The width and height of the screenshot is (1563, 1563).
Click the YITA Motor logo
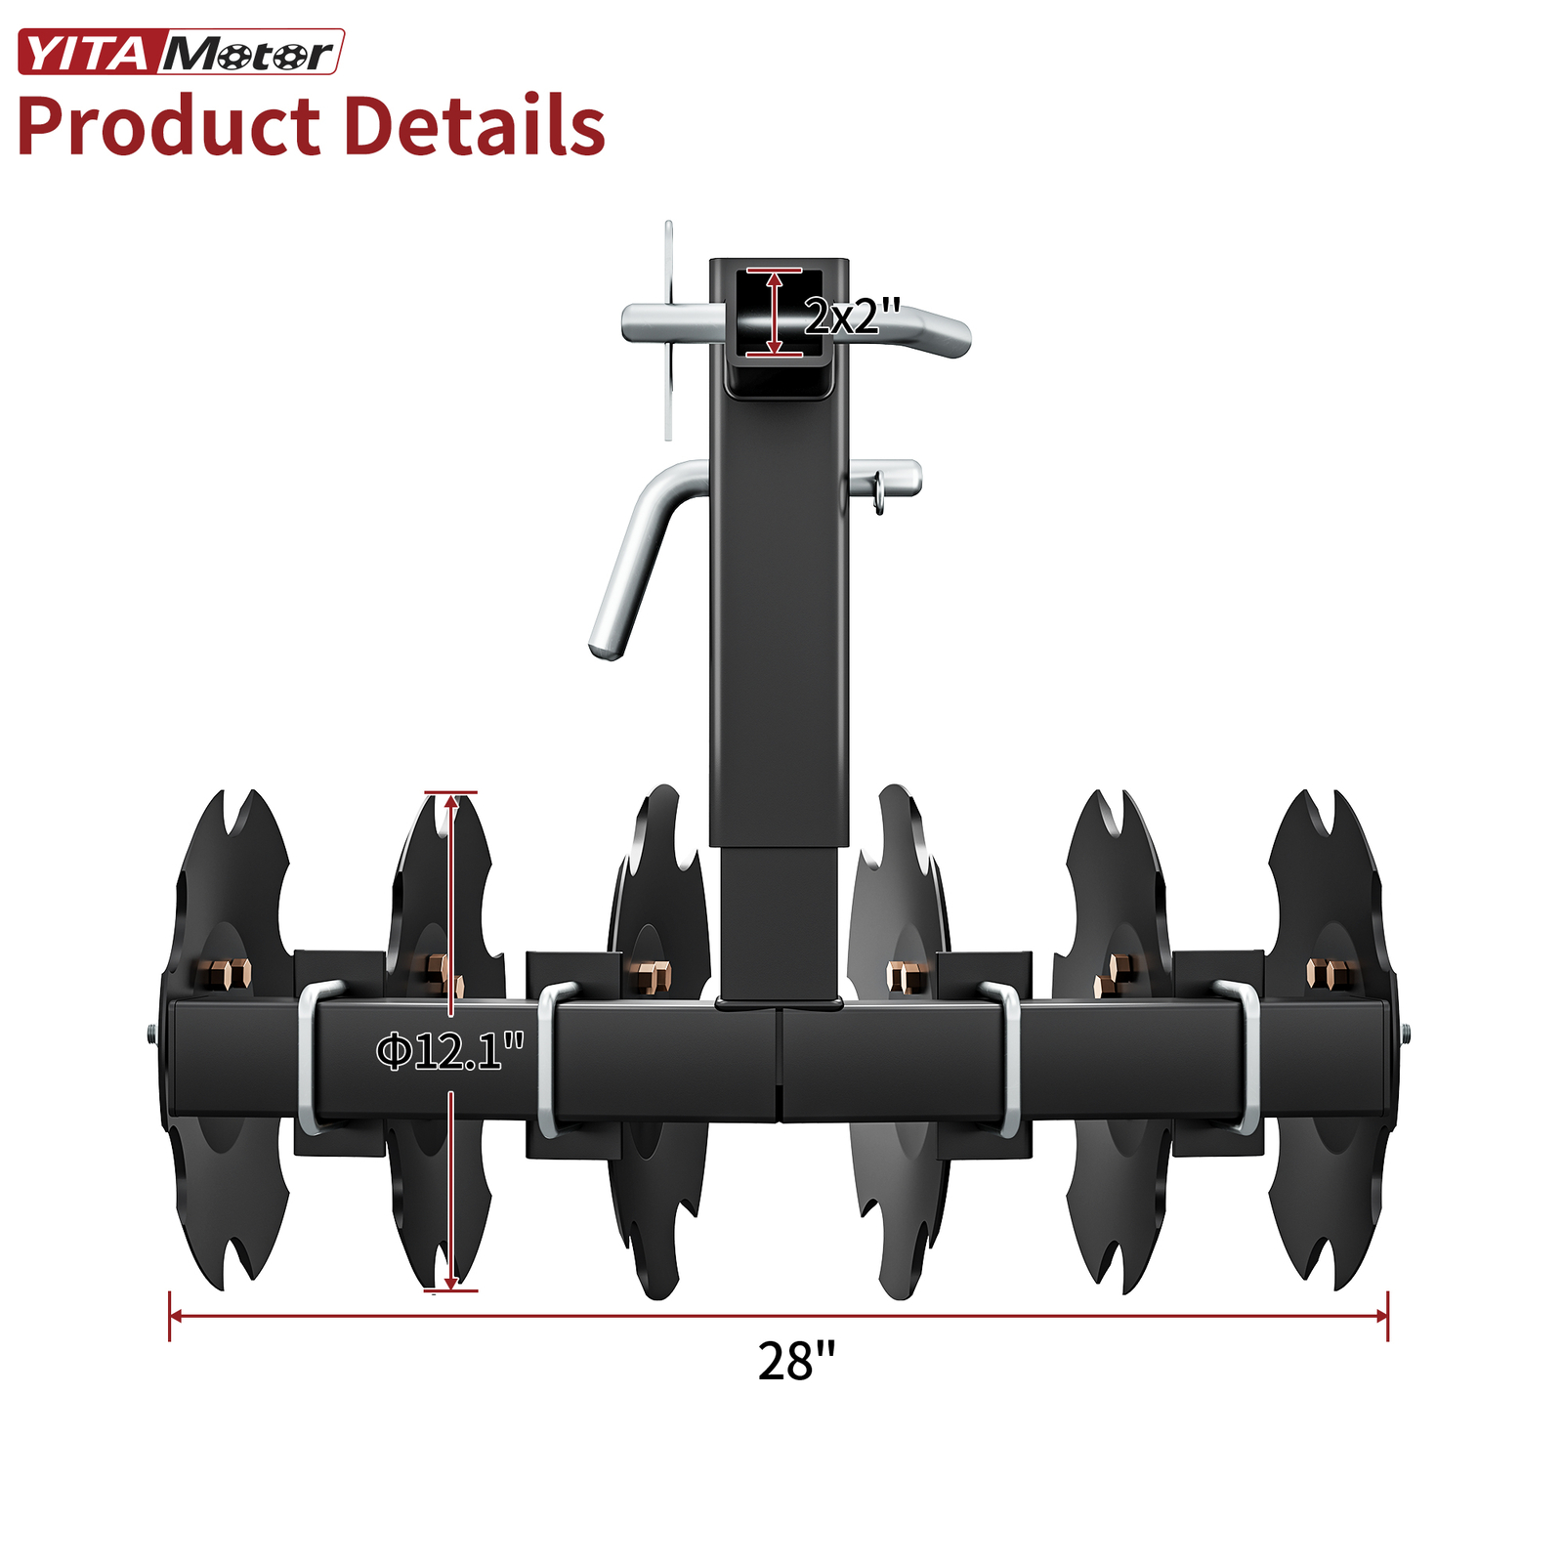[181, 53]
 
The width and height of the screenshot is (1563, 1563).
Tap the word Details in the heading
[476, 127]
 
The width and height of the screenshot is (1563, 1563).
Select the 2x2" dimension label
[852, 316]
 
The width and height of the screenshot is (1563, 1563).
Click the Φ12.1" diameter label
[449, 1052]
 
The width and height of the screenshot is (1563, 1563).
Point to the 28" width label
[796, 1361]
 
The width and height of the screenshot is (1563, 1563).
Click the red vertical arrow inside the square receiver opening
[775, 313]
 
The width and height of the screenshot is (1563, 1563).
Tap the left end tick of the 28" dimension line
[170, 1316]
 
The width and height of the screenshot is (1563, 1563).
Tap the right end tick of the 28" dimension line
[1387, 1316]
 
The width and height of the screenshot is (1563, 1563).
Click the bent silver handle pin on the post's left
[635, 557]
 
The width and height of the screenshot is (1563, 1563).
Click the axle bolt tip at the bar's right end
[1405, 1033]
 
